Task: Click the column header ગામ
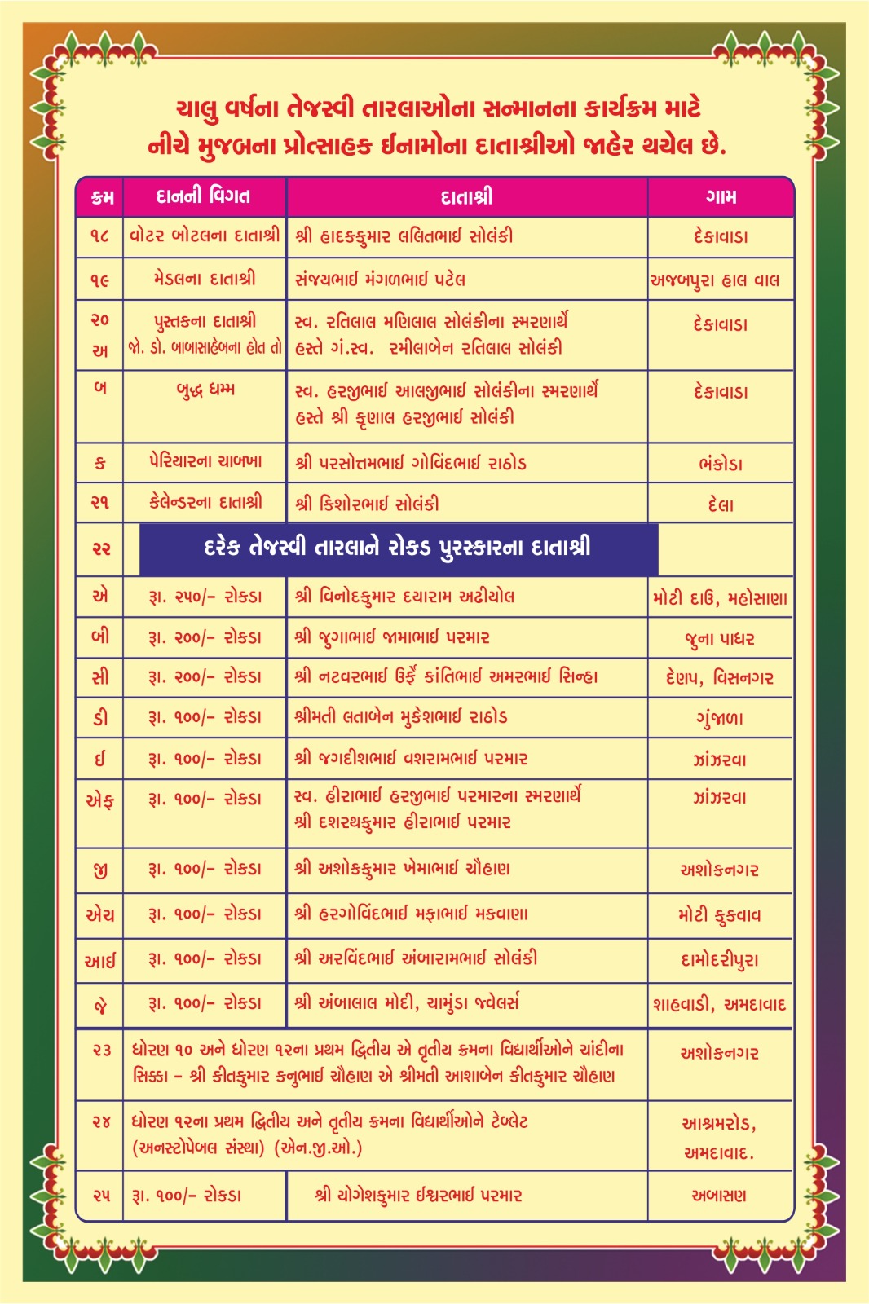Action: pos(721,197)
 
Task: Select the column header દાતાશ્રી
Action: pos(466,197)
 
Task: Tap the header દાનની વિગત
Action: pos(203,196)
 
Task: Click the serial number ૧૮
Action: pos(99,236)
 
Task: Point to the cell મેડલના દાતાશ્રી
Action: pos(204,279)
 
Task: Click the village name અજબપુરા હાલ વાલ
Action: pos(715,280)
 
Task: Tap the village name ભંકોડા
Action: pos(721,465)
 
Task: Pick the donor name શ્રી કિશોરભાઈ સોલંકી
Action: pos(367,504)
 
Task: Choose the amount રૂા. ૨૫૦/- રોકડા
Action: pos(205,597)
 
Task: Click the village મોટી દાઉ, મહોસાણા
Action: pos(720,599)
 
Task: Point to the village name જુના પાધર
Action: pos(720,639)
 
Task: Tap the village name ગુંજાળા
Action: pos(720,719)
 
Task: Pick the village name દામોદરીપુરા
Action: pos(720,960)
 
